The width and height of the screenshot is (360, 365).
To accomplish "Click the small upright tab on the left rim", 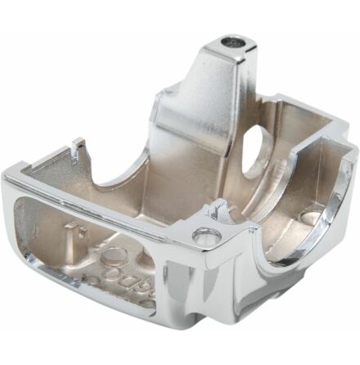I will [x=79, y=147].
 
